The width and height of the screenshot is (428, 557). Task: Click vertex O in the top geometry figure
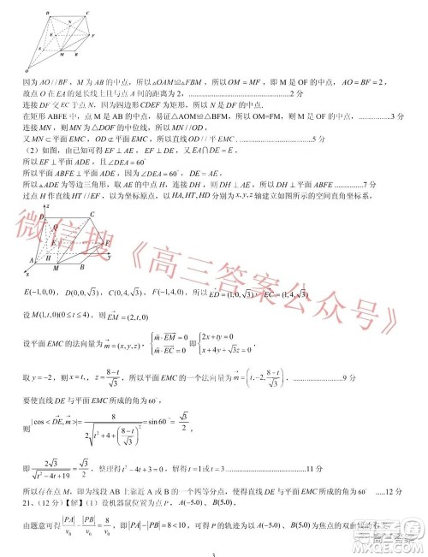pos(27,69)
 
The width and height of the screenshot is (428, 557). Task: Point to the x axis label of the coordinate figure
pos(27,276)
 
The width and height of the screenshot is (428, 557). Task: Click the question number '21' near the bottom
pos(26,504)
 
